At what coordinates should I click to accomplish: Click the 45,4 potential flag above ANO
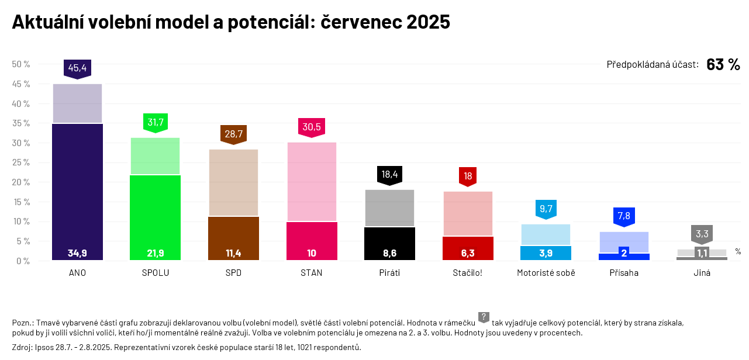pos(77,68)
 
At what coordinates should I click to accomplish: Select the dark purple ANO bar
pos(77,187)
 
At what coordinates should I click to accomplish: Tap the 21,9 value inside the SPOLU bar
pos(156,254)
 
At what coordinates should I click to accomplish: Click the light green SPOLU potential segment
pos(156,156)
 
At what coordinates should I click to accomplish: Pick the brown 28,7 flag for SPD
pos(233,134)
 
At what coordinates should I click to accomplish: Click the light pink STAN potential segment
pos(312,181)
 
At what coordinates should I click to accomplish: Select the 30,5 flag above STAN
pos(312,127)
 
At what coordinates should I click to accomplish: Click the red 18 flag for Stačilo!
pos(468,176)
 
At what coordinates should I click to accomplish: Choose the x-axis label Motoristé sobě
pos(546,273)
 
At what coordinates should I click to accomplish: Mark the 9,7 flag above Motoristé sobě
pos(546,209)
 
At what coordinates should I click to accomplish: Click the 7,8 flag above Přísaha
pos(624,216)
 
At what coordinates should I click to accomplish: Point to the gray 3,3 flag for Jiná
pos(702,234)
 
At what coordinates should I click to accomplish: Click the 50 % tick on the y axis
pos(21,64)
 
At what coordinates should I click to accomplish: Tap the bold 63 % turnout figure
pos(723,64)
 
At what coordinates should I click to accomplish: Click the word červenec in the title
pos(361,22)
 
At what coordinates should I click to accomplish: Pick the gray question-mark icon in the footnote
pos(484,317)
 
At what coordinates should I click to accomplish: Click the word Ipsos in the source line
pos(44,348)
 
